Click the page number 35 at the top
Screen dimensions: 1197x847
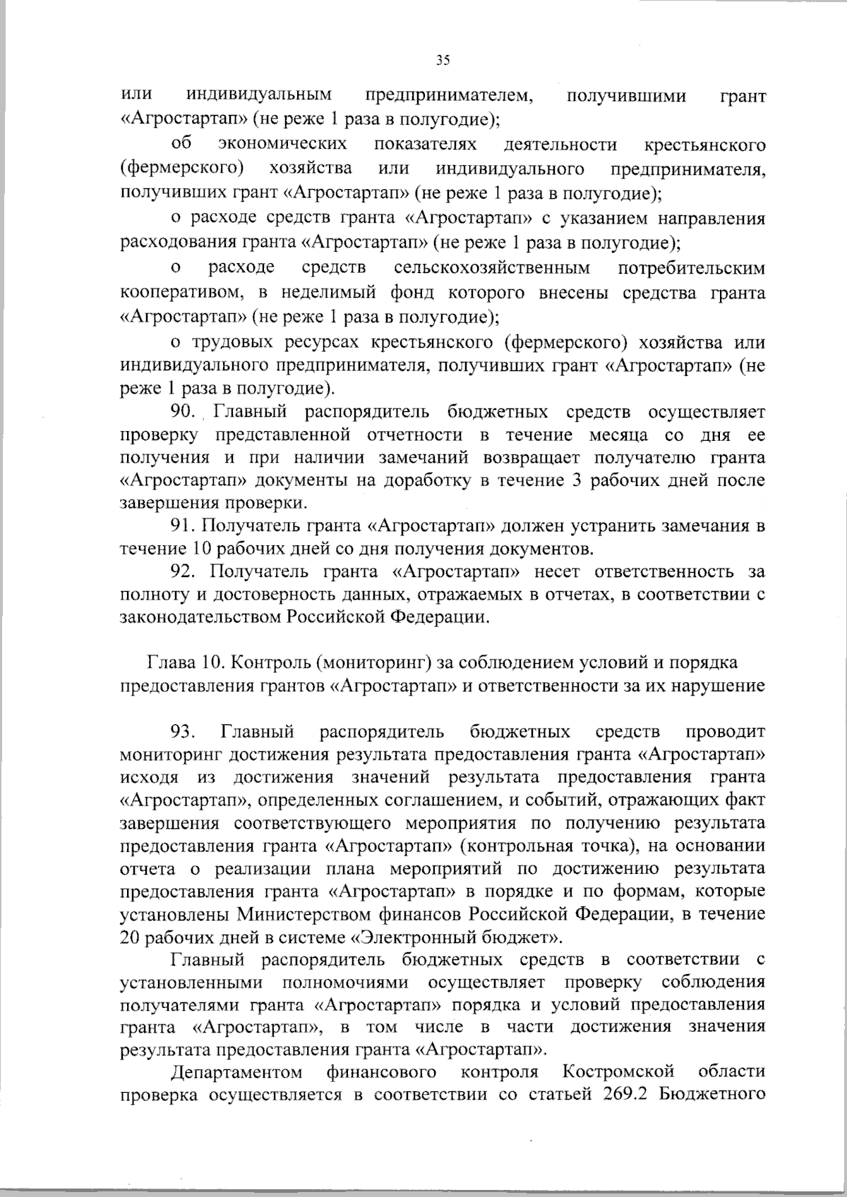click(x=443, y=60)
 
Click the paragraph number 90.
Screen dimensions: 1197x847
click(x=185, y=411)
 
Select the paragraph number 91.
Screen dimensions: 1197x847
click(x=185, y=525)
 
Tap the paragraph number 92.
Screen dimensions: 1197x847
click(x=185, y=571)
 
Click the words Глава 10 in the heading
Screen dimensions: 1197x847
click(x=185, y=662)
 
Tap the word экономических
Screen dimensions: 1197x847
click(x=282, y=145)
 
